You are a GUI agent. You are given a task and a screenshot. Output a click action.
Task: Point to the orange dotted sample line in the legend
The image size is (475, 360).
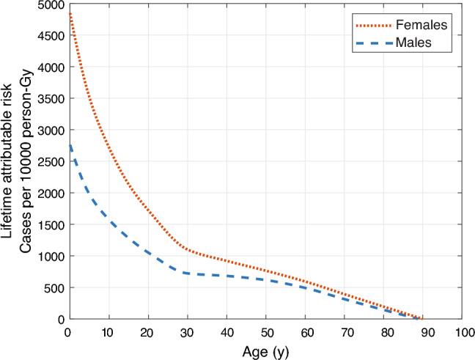pyautogui.click(x=376, y=26)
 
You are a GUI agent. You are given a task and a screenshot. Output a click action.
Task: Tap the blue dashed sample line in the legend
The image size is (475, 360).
pyautogui.click(x=376, y=43)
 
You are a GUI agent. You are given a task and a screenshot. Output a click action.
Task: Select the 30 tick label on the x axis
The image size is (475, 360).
pyautogui.click(x=188, y=331)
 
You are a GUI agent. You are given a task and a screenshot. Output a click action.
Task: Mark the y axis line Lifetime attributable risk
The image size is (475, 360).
pyautogui.click(x=8, y=161)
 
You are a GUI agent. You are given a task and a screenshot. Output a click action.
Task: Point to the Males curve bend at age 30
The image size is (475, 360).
pyautogui.click(x=188, y=273)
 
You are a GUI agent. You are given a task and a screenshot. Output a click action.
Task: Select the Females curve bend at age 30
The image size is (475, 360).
pyautogui.click(x=188, y=249)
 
